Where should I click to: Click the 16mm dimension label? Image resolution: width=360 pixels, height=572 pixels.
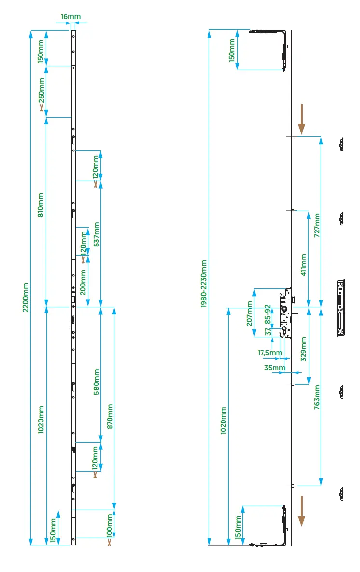click(x=71, y=17)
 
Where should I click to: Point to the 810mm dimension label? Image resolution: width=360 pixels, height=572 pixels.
click(x=41, y=204)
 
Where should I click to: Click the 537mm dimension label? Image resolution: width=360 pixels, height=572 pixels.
click(x=96, y=234)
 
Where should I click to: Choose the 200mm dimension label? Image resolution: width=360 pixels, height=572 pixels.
click(x=83, y=282)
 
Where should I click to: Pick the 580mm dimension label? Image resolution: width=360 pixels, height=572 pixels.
click(x=96, y=382)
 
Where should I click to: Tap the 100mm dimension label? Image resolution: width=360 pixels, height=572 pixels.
click(x=110, y=525)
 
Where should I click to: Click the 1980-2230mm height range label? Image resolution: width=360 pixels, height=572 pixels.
click(x=204, y=284)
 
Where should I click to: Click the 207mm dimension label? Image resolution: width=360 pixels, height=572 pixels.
click(x=249, y=313)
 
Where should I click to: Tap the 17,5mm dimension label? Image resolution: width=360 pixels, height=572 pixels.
click(x=270, y=353)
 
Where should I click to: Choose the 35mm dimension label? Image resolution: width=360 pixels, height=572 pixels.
click(x=275, y=368)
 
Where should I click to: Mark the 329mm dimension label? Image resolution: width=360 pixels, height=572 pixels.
click(x=304, y=349)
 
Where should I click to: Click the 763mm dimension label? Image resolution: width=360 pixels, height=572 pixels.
click(x=317, y=397)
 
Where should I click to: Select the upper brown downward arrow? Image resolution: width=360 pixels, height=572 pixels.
click(x=301, y=119)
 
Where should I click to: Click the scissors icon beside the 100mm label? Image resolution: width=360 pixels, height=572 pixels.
click(x=110, y=542)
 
